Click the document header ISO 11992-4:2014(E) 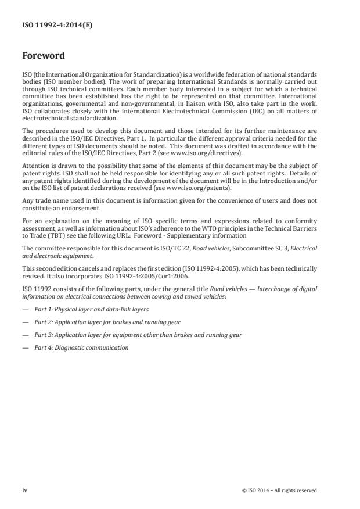click(49, 26)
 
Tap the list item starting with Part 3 click(138, 335)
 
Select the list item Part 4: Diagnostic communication click(81, 347)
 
